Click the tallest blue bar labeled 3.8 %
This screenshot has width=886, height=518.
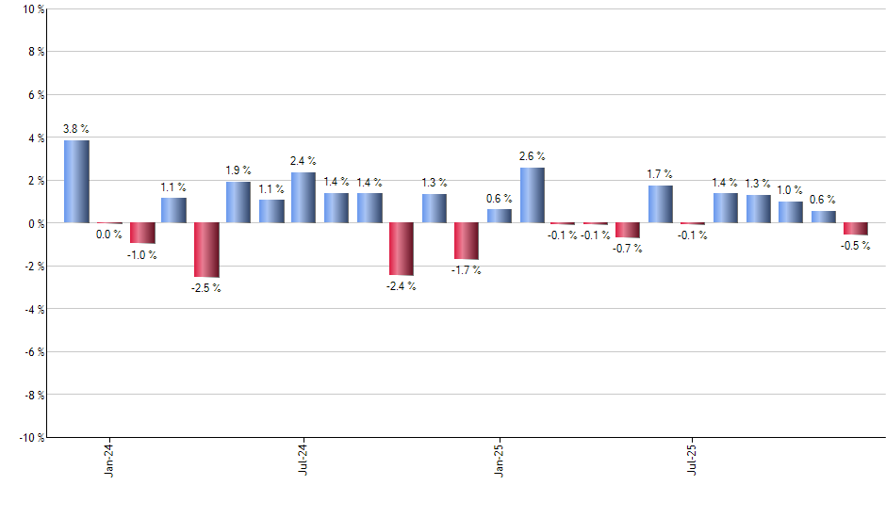click(x=76, y=181)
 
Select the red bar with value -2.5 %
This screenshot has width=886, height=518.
click(x=206, y=250)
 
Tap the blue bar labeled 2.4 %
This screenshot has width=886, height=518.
click(x=304, y=197)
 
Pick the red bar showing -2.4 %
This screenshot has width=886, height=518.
click(x=401, y=249)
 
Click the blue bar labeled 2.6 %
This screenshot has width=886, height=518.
click(x=532, y=195)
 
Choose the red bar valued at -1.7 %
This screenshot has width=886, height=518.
click(x=467, y=241)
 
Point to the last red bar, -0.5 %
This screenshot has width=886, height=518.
click(x=856, y=229)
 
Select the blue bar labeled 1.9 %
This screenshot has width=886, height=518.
click(x=238, y=202)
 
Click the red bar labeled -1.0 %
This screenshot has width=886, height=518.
click(x=142, y=234)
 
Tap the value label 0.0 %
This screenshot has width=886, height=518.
click(x=109, y=235)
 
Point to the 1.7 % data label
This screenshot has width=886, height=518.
click(x=660, y=173)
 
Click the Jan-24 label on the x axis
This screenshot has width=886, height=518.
click(x=109, y=458)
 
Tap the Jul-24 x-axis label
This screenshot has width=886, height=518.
click(x=304, y=458)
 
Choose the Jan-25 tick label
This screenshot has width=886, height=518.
click(x=499, y=458)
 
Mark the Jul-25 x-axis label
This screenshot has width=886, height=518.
click(x=693, y=458)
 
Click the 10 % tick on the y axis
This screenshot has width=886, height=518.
click(x=33, y=9)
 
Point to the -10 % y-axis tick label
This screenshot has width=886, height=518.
click(x=30, y=437)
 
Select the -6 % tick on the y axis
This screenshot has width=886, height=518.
click(x=33, y=351)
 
